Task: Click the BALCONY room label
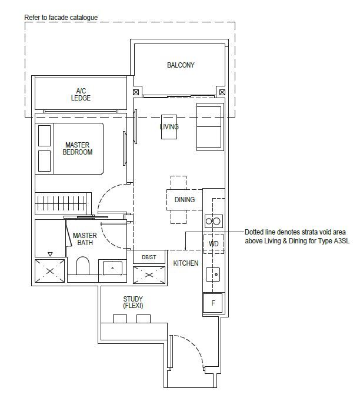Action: (x=181, y=65)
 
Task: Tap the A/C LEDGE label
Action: (x=81, y=94)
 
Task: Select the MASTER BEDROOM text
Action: (x=78, y=148)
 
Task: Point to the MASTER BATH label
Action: (x=85, y=239)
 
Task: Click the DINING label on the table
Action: (x=185, y=200)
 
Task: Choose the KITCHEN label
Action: (x=186, y=263)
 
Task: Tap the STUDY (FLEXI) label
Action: (x=133, y=302)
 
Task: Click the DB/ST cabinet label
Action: (x=149, y=257)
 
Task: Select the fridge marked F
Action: (x=213, y=303)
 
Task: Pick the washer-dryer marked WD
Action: (x=214, y=244)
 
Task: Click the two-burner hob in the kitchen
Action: (x=213, y=222)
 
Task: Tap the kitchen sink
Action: (x=213, y=275)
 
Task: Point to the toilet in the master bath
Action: (x=83, y=266)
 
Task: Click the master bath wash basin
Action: (x=112, y=268)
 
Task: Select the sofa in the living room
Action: (x=210, y=127)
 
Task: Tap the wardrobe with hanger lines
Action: (x=63, y=203)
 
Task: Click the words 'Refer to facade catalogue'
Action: (x=61, y=18)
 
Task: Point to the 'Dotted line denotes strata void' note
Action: (x=297, y=236)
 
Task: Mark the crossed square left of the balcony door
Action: (x=136, y=92)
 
